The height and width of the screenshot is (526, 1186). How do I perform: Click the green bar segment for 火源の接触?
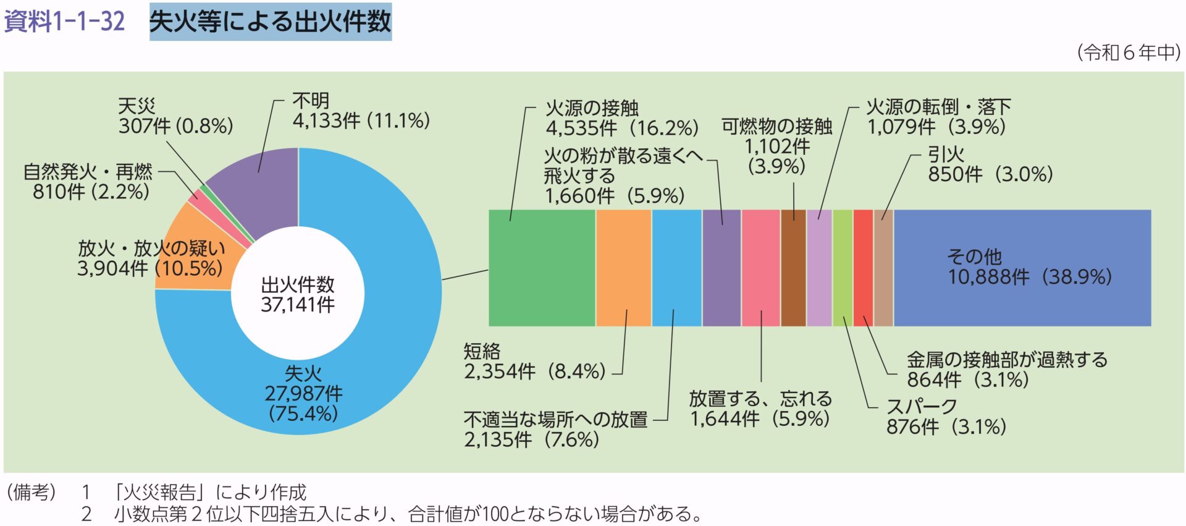tap(542, 268)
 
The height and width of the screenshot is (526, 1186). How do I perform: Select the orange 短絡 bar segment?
tap(623, 268)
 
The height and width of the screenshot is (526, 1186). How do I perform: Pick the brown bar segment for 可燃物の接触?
tap(793, 268)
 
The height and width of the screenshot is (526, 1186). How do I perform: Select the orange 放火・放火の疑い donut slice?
tap(191, 247)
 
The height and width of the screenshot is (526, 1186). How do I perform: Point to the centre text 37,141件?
tap(298, 305)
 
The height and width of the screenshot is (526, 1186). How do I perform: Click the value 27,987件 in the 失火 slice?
tap(303, 393)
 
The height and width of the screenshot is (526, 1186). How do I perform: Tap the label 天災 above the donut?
tap(137, 106)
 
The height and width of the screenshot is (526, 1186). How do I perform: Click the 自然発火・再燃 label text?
tap(87, 171)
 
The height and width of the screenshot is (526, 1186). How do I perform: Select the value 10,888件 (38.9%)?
tap(1030, 277)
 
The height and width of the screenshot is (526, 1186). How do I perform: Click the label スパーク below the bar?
tap(921, 406)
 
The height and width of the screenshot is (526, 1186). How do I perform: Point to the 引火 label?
tap(945, 154)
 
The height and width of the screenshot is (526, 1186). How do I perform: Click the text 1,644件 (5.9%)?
tap(759, 419)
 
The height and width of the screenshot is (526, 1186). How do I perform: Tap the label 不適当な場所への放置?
tap(555, 420)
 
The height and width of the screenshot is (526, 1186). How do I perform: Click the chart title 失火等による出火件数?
tap(271, 22)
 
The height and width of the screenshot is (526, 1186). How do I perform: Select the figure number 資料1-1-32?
tap(64, 22)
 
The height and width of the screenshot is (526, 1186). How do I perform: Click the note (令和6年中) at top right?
tap(1129, 53)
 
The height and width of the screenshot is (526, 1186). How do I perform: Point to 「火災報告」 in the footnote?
tap(158, 492)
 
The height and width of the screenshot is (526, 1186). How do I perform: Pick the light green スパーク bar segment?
tap(842, 268)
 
